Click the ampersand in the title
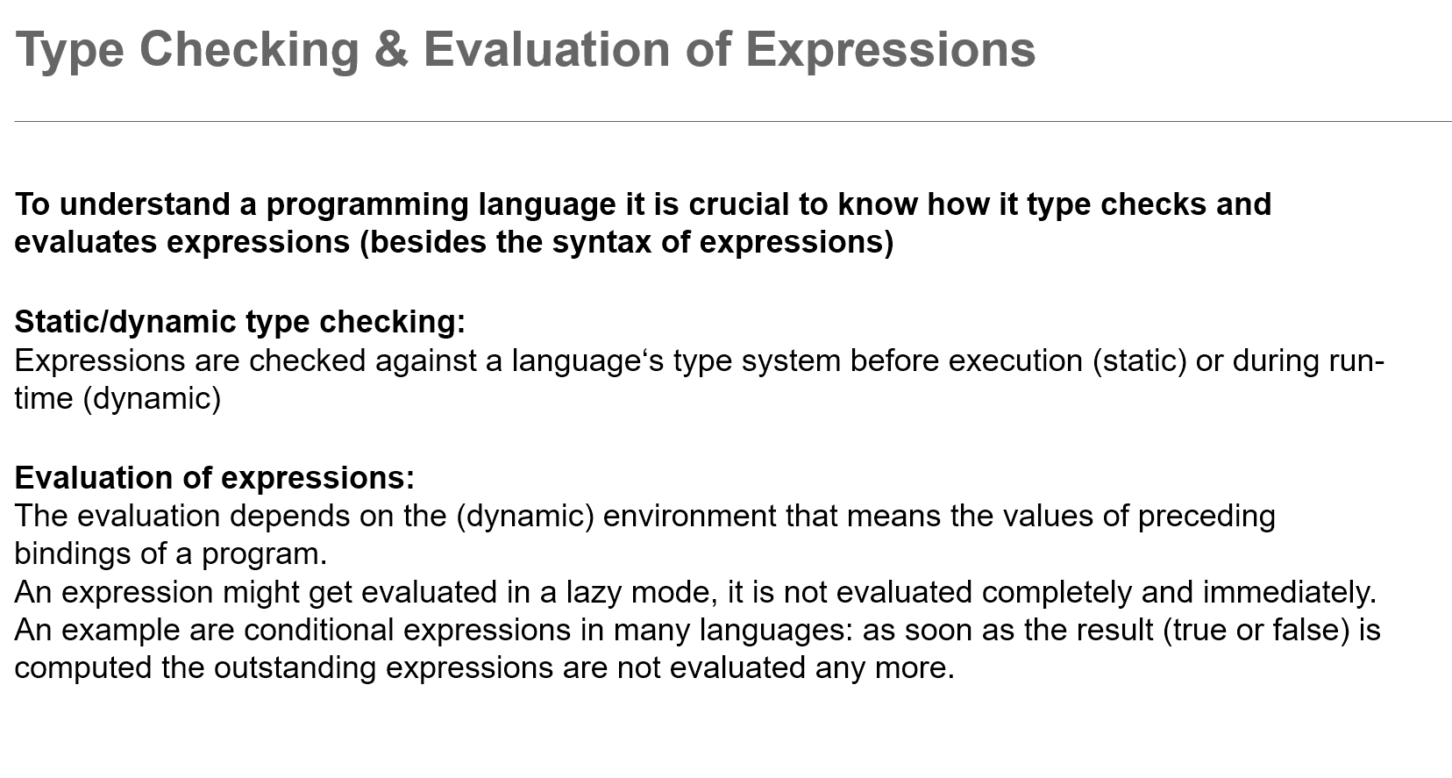click(392, 49)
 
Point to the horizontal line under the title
click(733, 121)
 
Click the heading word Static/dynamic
click(125, 323)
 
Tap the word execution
click(1015, 360)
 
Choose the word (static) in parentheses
click(1140, 361)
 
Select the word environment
click(690, 517)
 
